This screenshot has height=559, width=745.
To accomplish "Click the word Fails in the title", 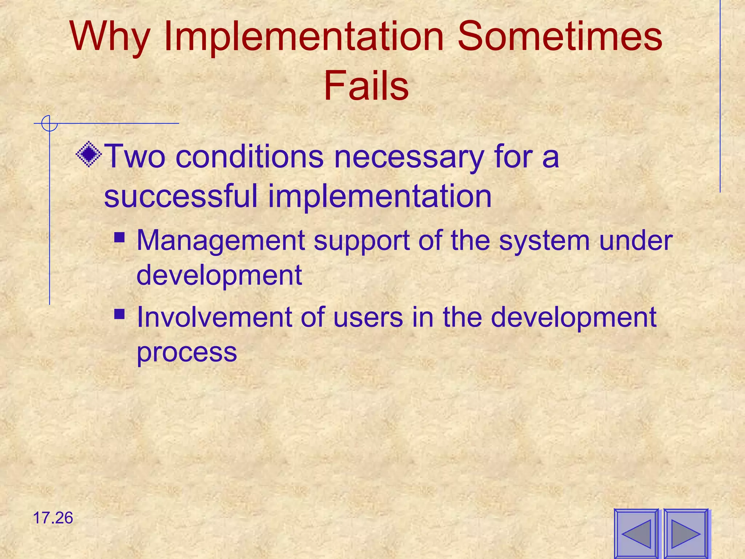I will [366, 86].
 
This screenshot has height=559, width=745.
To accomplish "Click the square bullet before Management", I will [119, 238].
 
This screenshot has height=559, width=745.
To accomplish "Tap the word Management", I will [220, 241].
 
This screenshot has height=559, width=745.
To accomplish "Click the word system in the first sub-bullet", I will [544, 241].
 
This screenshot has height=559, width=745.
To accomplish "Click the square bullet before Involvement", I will [119, 314].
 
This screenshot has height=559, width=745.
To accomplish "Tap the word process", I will [187, 352].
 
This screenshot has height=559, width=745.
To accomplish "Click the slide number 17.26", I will [53, 518].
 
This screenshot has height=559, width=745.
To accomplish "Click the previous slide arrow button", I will [636, 534].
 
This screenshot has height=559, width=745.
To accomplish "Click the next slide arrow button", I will [686, 534].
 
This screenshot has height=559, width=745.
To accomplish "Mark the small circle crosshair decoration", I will [49, 123].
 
